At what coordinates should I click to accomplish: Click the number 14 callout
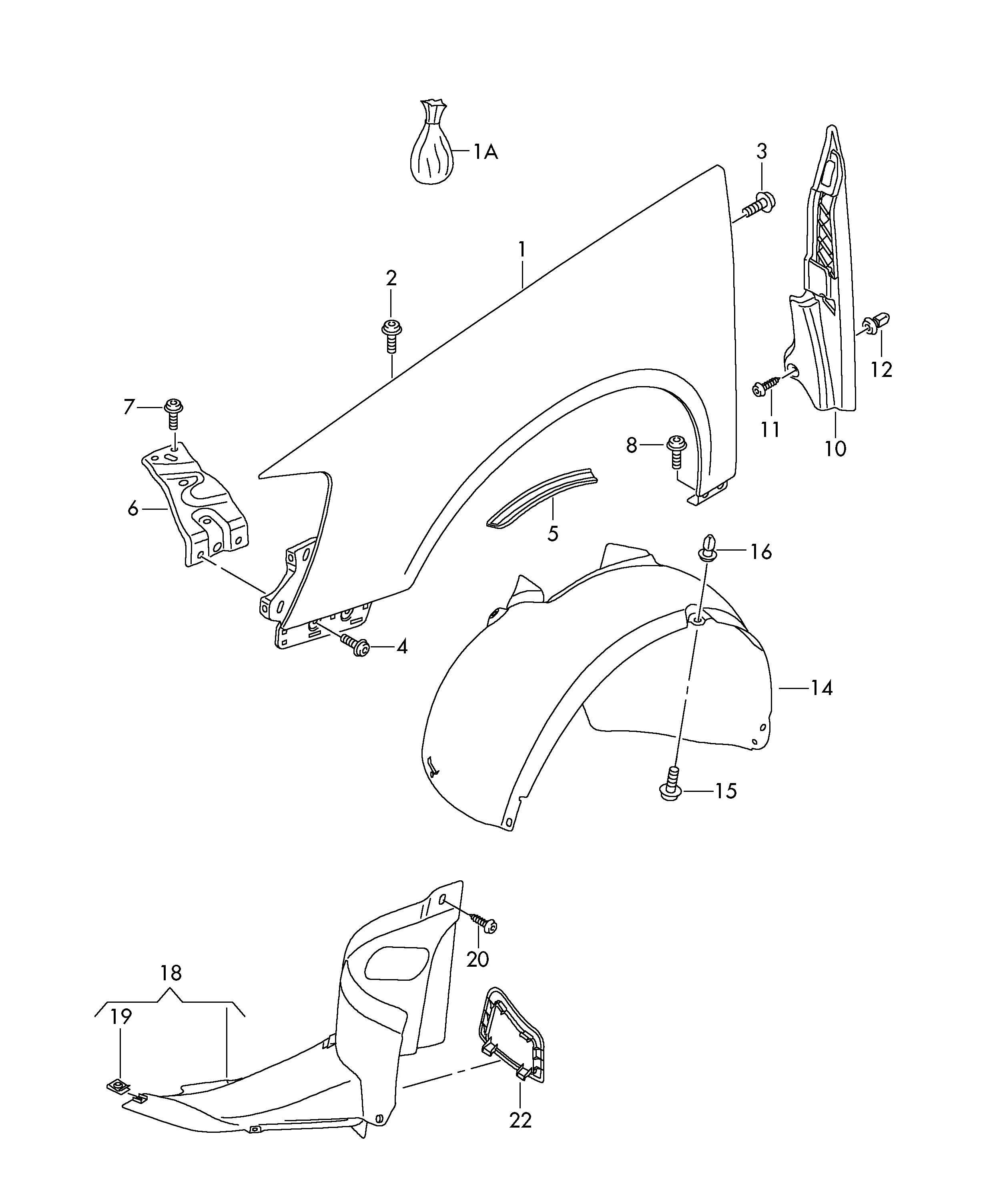pyautogui.click(x=822, y=688)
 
